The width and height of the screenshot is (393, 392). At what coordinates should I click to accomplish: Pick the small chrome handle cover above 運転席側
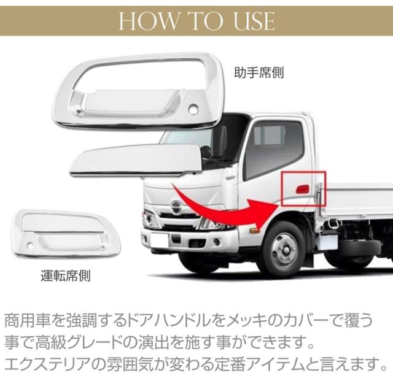pos(67,234)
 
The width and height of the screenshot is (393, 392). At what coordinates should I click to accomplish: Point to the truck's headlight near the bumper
pos(150,219)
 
